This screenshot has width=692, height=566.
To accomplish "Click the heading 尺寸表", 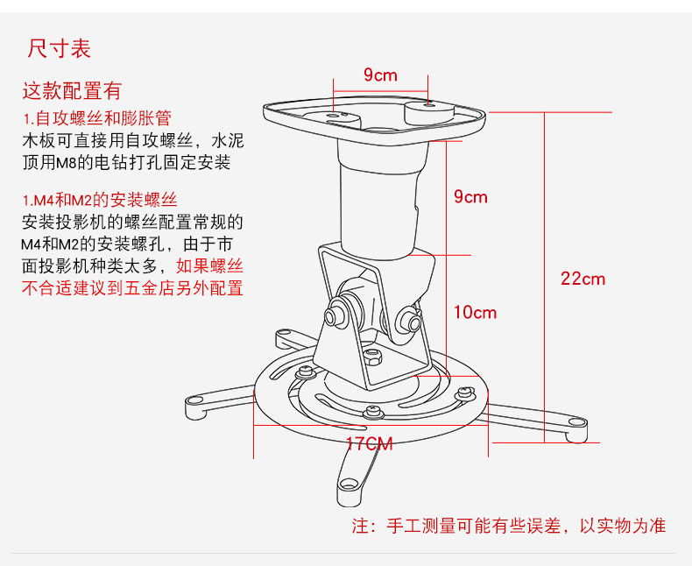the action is (x=60, y=47).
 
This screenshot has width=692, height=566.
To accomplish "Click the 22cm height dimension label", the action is (x=583, y=279).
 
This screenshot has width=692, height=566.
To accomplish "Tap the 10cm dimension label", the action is (x=475, y=312).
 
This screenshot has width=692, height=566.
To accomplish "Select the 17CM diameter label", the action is (x=369, y=443).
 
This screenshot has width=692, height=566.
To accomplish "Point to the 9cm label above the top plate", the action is (x=380, y=75).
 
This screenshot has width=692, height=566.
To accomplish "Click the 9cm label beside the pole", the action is (x=470, y=196).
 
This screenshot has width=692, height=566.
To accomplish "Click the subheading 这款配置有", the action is (x=72, y=90).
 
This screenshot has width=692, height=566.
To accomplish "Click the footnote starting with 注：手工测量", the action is (x=508, y=526).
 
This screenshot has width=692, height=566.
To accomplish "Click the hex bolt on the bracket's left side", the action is (x=335, y=314).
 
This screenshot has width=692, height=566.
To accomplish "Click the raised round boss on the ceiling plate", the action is (x=428, y=110).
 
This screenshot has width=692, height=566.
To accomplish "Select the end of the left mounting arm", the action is (x=194, y=403).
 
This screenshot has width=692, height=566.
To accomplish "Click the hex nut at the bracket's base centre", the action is (x=371, y=357).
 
